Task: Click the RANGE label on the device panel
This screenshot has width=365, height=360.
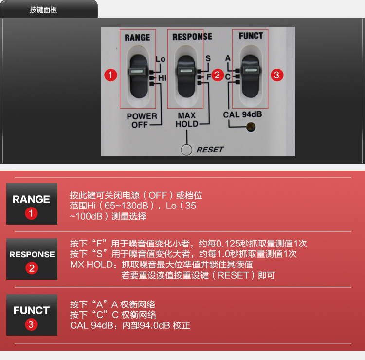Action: (x=137, y=38)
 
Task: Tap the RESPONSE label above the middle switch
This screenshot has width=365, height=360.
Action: (x=192, y=37)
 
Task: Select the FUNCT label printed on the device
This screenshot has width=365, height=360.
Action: (x=251, y=36)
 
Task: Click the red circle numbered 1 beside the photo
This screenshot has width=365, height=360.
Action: (x=110, y=75)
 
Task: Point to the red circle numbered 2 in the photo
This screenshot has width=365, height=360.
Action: (x=218, y=75)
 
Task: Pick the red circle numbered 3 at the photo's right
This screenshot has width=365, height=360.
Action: (x=277, y=75)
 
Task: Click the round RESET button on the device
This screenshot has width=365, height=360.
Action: (x=186, y=150)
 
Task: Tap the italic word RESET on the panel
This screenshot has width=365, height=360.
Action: (x=210, y=150)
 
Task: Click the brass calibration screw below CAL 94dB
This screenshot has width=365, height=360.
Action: (x=251, y=127)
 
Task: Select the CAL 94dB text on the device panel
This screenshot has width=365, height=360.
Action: (x=242, y=114)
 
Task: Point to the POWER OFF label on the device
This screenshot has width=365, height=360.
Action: (x=142, y=120)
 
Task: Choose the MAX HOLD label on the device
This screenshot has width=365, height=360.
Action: (x=187, y=120)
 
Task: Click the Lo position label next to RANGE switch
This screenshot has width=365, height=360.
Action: (x=161, y=59)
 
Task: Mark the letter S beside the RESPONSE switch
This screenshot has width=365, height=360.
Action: (x=208, y=58)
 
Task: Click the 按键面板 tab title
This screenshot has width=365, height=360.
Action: (x=43, y=10)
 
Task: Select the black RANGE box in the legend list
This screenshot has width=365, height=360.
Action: (x=32, y=204)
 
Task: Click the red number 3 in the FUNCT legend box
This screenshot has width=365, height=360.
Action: (x=31, y=324)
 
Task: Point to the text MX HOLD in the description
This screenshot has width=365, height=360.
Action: (x=91, y=265)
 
